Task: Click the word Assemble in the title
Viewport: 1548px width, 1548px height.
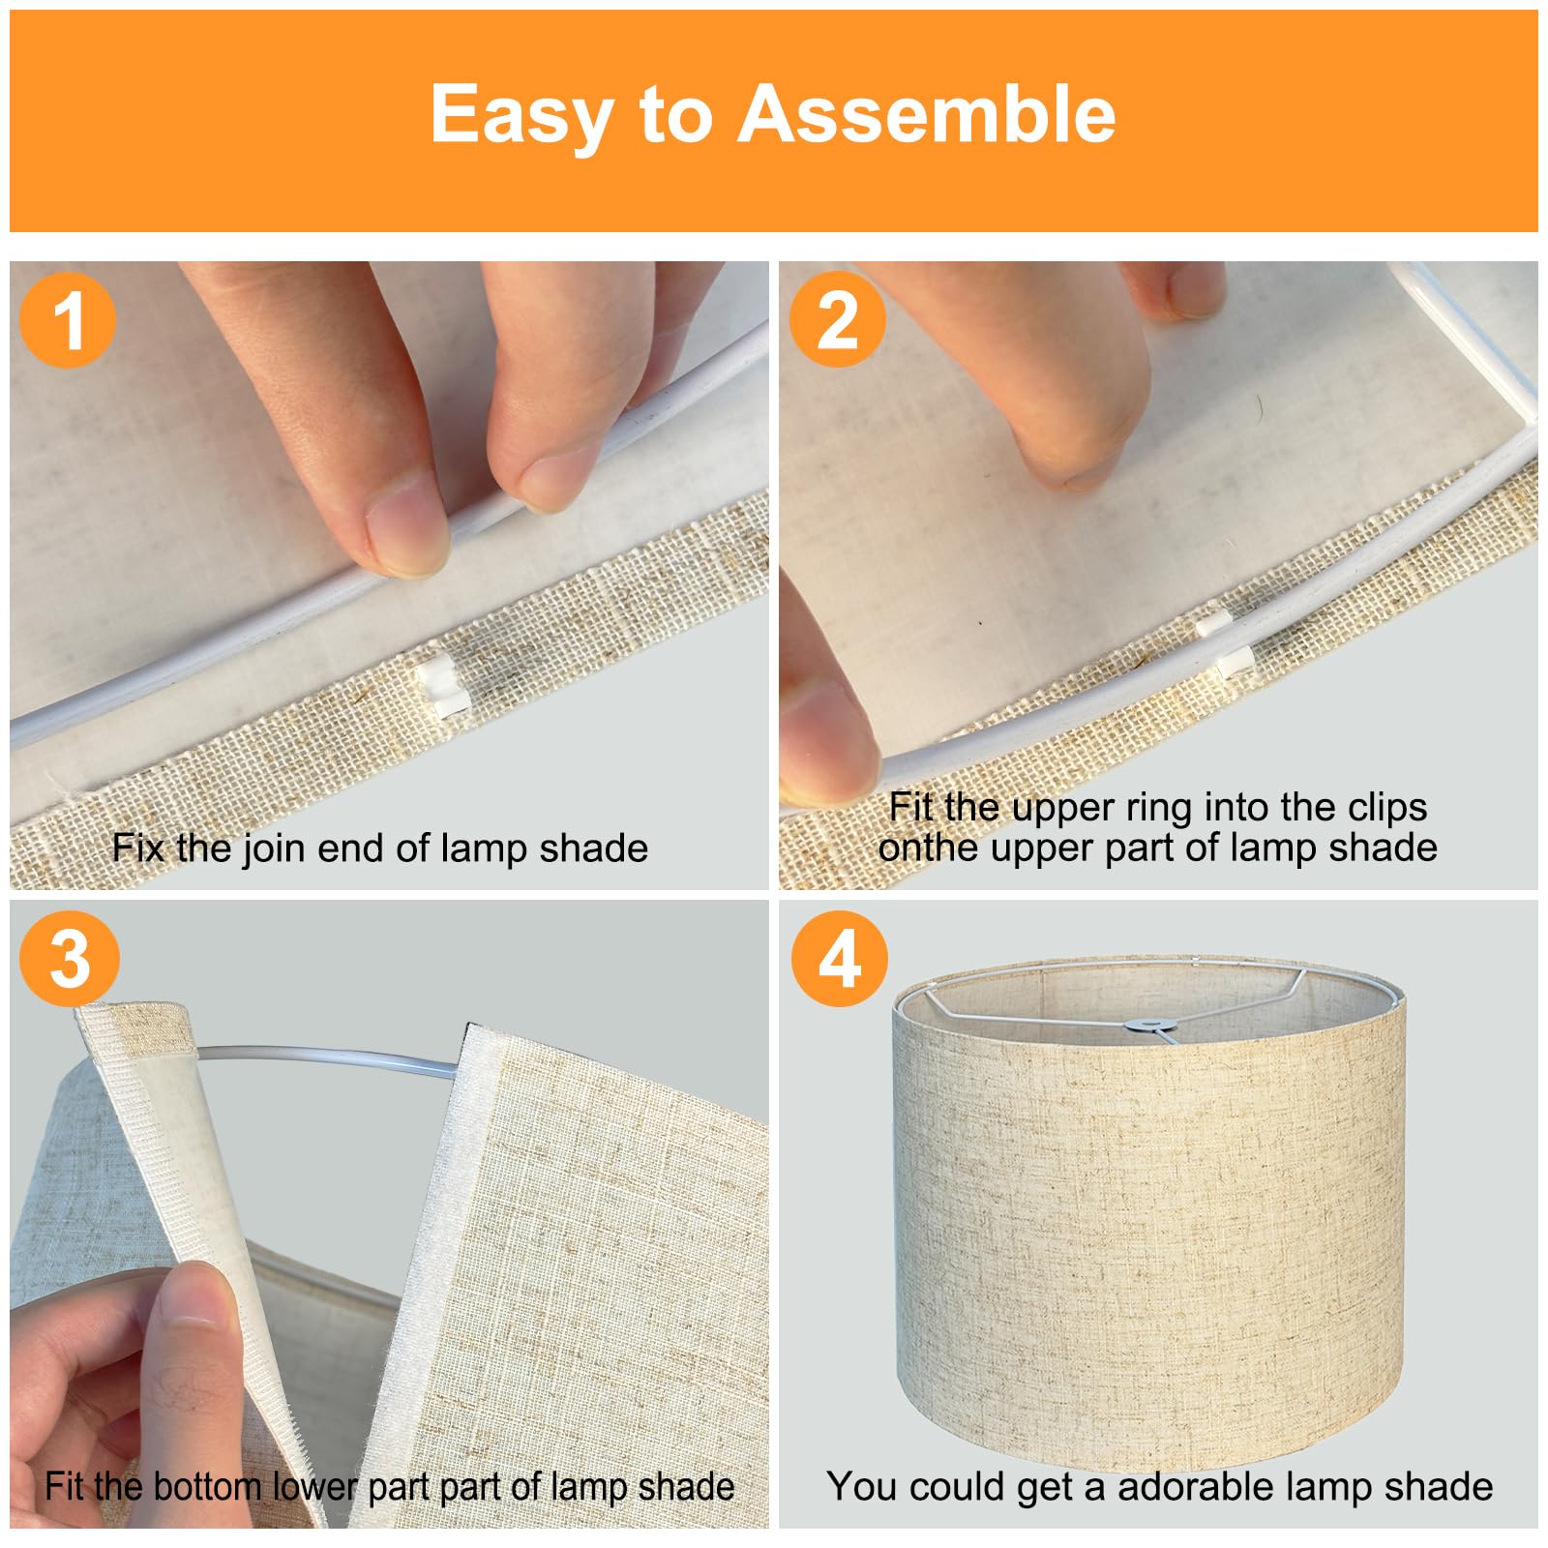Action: [927, 114]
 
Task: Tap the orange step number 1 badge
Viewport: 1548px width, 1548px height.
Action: [68, 320]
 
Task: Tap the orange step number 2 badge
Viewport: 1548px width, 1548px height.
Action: [838, 319]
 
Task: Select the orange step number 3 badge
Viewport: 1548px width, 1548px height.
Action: [70, 958]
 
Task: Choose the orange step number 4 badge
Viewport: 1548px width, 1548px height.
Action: [840, 959]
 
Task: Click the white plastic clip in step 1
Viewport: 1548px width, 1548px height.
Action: [443, 684]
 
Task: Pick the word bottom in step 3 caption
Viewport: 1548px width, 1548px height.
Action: [208, 1486]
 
